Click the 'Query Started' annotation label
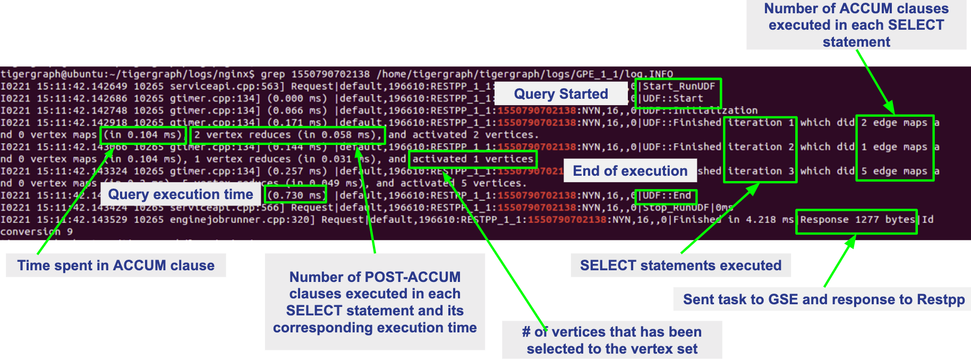pyautogui.click(x=561, y=94)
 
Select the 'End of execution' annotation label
pyautogui.click(x=630, y=171)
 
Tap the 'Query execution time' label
pyautogui.click(x=181, y=194)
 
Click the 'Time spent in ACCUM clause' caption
pyautogui.click(x=116, y=265)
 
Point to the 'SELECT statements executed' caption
pyautogui.click(x=680, y=265)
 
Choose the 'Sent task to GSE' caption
pyautogui.click(x=823, y=299)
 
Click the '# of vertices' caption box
pyautogui.click(x=612, y=340)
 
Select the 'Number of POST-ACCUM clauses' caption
pyautogui.click(x=374, y=302)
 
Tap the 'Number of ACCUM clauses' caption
pyautogui.click(x=856, y=25)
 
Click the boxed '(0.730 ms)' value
pyautogui.click(x=295, y=195)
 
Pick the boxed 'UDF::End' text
pyautogui.click(x=667, y=195)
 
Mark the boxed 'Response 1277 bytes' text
pyautogui.click(x=856, y=220)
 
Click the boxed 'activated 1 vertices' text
pyautogui.click(x=473, y=159)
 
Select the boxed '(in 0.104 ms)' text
pyautogui.click(x=143, y=135)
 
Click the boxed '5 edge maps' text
pyautogui.click(x=895, y=171)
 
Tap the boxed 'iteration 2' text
pyautogui.click(x=760, y=147)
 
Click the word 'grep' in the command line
pyautogui.click(x=272, y=74)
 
